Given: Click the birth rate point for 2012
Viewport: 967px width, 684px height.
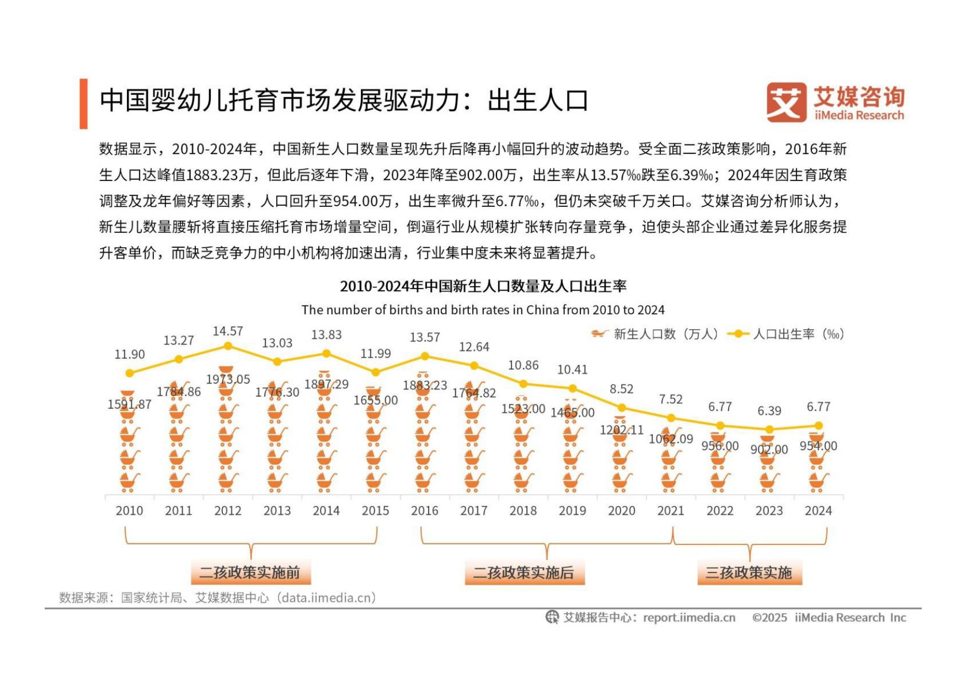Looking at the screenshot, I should click(x=228, y=346).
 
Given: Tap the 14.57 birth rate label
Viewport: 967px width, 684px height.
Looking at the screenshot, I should click(x=228, y=331).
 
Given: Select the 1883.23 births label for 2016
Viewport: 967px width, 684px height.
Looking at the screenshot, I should click(x=425, y=386).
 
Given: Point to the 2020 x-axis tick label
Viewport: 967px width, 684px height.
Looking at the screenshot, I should click(x=622, y=511).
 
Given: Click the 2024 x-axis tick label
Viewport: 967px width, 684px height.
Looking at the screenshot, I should click(x=818, y=511).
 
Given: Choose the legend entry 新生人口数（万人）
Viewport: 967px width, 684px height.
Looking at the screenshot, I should click(x=655, y=334).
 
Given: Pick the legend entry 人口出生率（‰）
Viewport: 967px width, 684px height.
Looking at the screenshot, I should click(x=786, y=334).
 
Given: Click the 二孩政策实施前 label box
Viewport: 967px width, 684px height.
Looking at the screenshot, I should click(x=250, y=573).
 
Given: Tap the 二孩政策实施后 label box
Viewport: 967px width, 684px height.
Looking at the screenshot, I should click(x=524, y=573).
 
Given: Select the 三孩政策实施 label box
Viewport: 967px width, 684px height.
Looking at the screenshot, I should click(x=749, y=573).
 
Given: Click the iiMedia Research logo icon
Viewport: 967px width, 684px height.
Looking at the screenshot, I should click(x=787, y=103).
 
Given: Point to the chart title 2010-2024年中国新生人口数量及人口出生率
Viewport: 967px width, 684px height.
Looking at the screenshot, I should click(x=483, y=286).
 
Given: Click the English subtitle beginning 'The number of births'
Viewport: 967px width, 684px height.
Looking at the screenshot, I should click(x=483, y=310).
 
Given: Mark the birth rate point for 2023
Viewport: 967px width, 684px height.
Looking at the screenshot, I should click(x=770, y=429).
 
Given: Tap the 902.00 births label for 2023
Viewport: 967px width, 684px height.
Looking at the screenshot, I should click(x=769, y=450).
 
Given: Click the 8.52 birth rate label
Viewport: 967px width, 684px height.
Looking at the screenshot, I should click(x=622, y=389).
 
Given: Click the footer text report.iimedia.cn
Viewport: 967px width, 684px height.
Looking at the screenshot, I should click(x=689, y=617).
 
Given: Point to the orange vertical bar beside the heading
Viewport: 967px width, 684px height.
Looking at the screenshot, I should click(x=83, y=104).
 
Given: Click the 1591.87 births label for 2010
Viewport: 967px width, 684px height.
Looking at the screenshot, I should click(x=129, y=404).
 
